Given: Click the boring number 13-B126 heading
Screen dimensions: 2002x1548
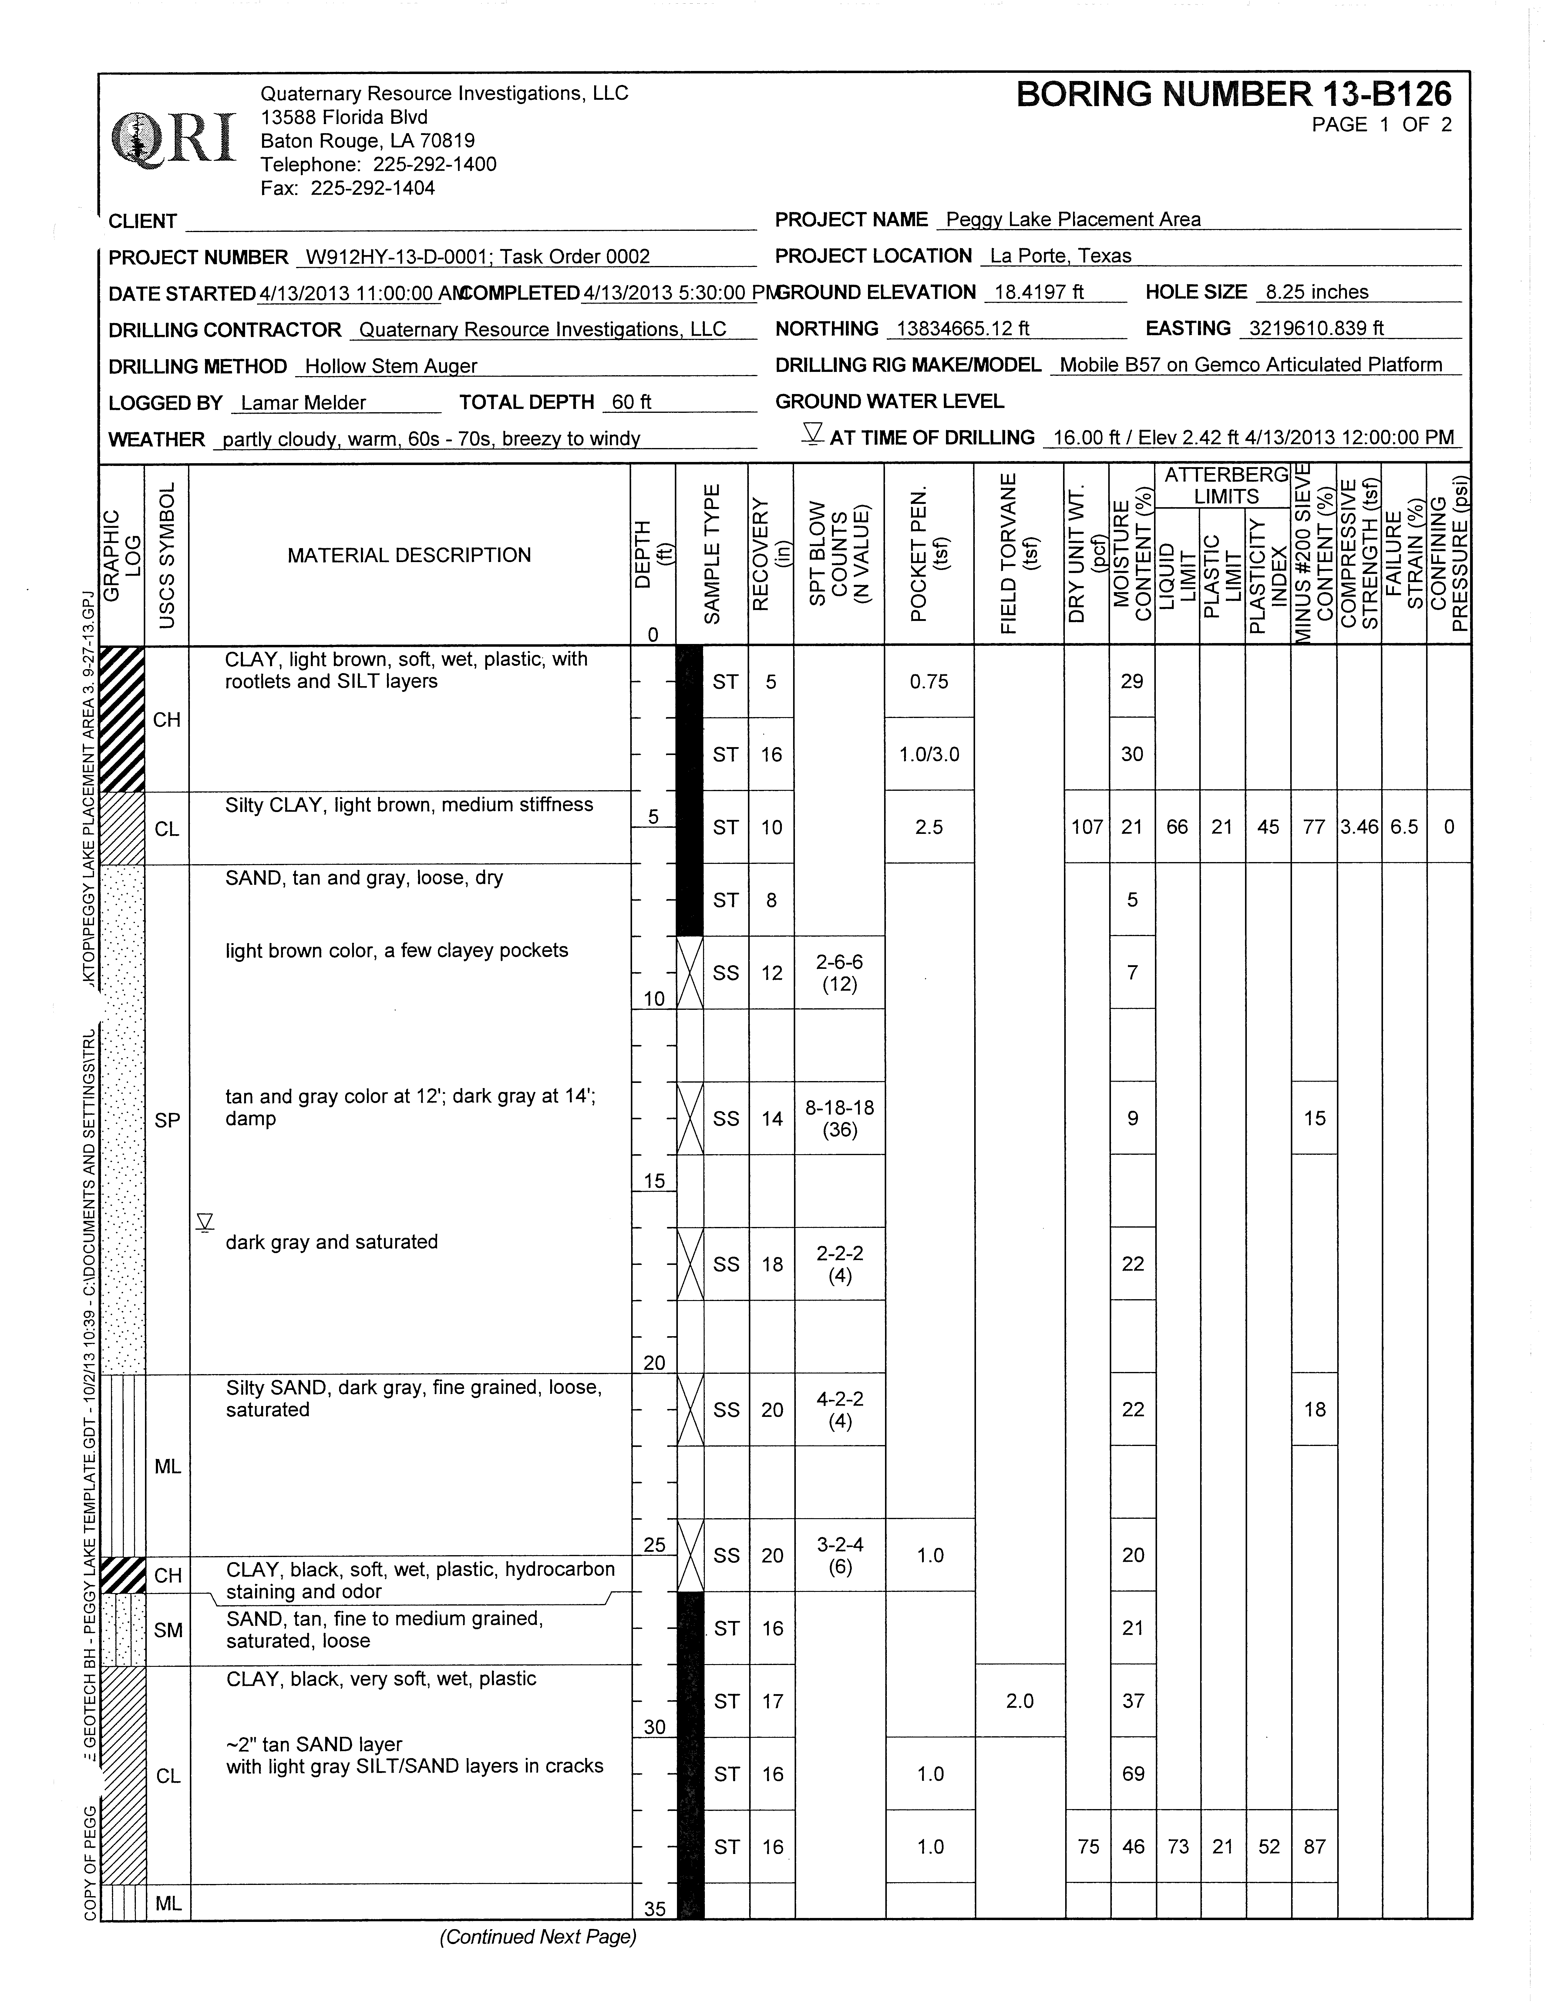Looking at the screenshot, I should [x=1233, y=94].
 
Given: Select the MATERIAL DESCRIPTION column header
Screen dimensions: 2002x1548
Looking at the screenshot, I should [x=409, y=555].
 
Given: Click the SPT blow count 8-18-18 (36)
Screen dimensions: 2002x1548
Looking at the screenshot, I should [x=840, y=1118].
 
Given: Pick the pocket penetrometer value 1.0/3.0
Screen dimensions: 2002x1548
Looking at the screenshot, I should [x=929, y=754].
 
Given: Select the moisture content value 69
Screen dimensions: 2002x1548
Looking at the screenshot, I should [x=1133, y=1774].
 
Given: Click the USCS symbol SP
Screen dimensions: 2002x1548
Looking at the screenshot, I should [x=168, y=1120].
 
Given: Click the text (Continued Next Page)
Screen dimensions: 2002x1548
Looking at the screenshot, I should [x=538, y=1937].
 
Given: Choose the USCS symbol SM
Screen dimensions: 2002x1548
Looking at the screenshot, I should [x=168, y=1630].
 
